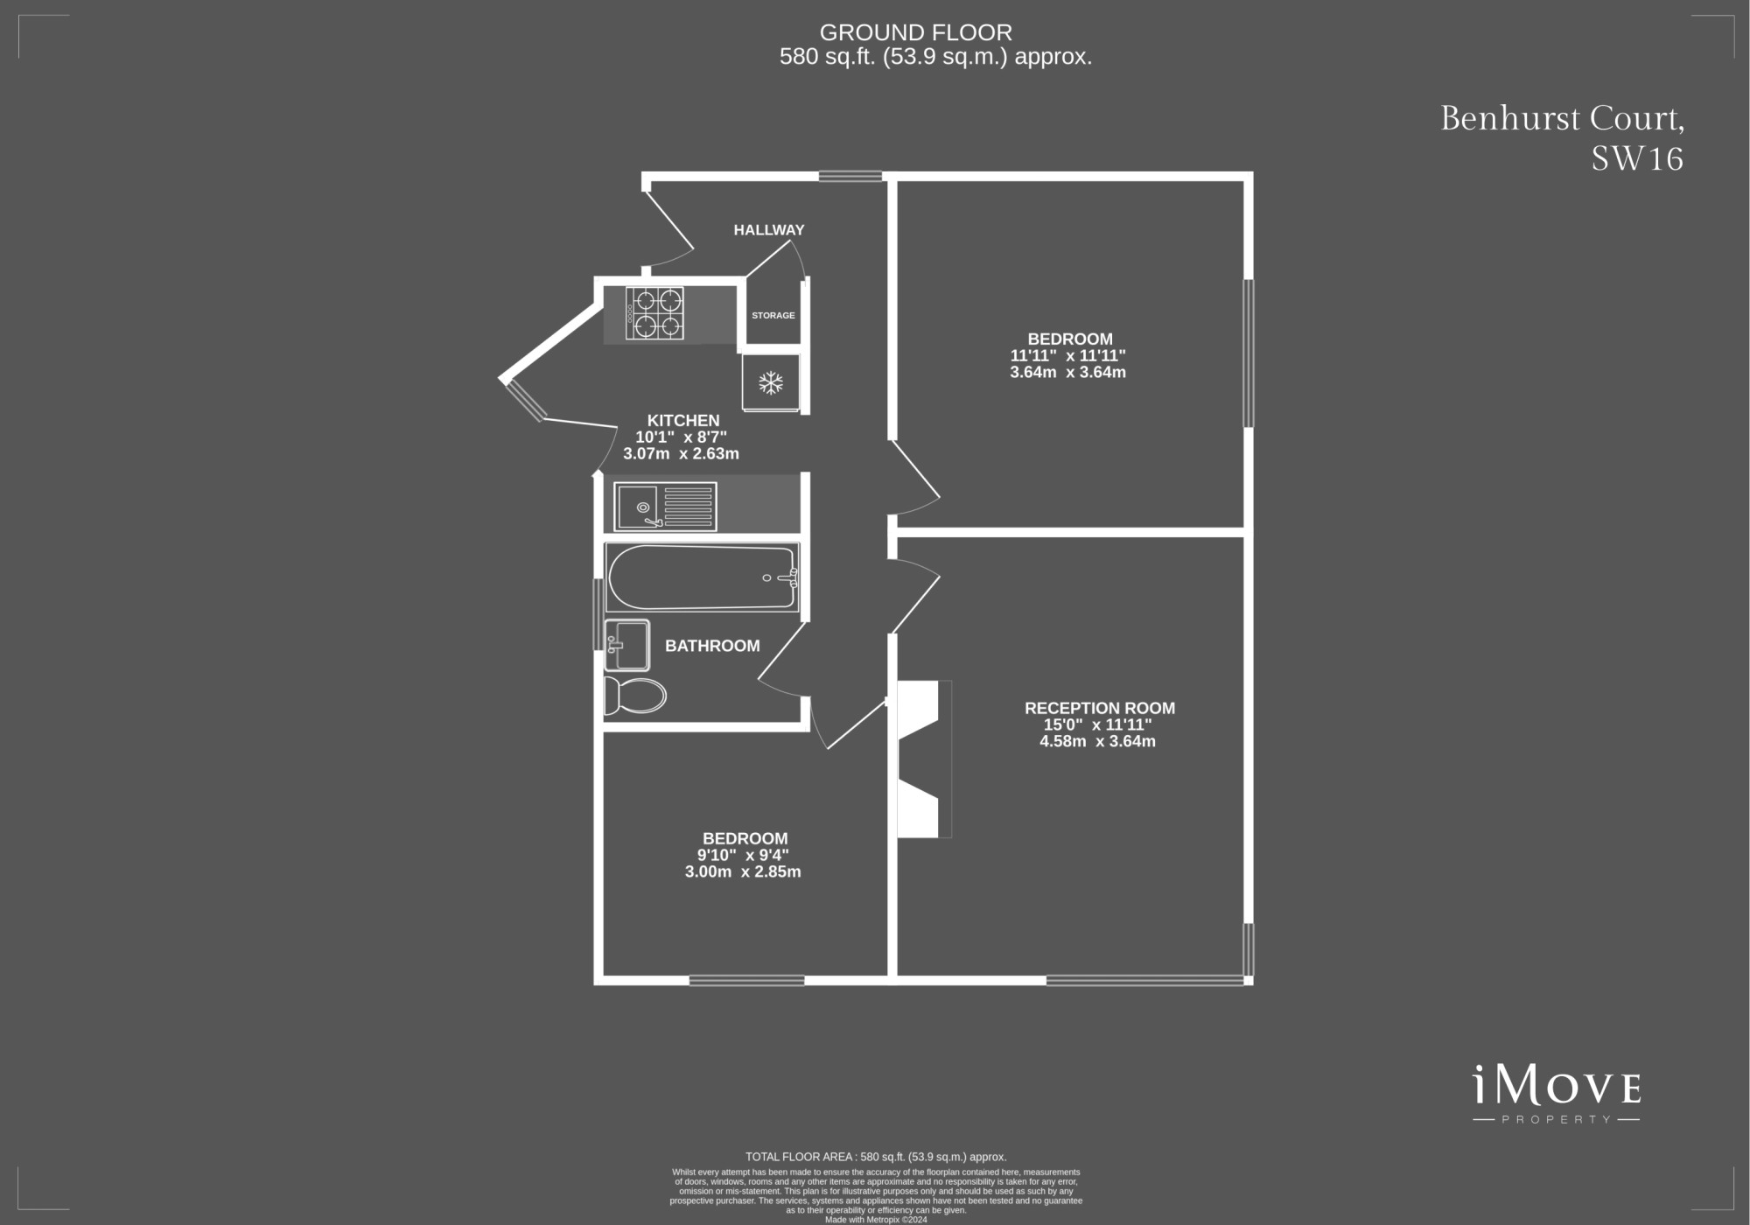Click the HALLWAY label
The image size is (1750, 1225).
point(768,230)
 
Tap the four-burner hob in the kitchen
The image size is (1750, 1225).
point(654,313)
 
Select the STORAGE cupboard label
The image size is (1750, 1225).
point(773,315)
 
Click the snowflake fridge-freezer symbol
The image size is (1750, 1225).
point(770,382)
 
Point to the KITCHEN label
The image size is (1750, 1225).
point(683,421)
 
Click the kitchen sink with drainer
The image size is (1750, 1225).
point(665,507)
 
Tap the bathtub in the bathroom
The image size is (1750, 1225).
point(702,577)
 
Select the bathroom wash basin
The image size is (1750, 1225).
point(626,645)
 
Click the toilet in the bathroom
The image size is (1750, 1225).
point(634,696)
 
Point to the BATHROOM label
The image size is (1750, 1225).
point(712,646)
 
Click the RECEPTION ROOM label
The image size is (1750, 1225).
point(1100,708)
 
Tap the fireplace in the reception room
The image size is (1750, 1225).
point(923,759)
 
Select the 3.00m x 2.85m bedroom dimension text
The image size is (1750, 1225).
point(743,871)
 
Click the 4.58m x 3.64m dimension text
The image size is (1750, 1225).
point(1097,741)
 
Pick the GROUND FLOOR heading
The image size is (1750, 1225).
point(915,32)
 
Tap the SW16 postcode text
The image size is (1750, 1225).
point(1637,158)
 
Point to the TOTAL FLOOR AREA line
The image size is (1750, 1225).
point(876,1157)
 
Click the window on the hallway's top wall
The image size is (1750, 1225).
point(850,176)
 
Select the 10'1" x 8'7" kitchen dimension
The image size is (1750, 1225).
point(681,437)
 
